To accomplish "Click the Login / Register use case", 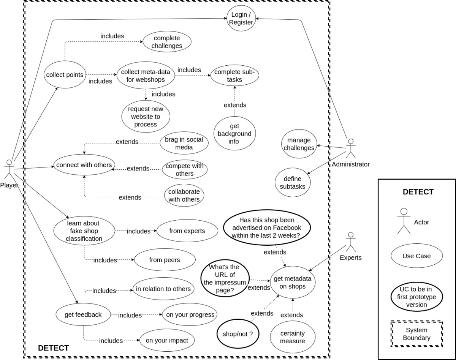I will [x=241, y=18].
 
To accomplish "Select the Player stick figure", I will [x=9, y=170].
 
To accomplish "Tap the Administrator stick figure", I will [x=351, y=148].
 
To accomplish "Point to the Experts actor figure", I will [x=350, y=242].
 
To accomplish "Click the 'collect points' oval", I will [x=65, y=75].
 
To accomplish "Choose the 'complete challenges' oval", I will [x=167, y=42].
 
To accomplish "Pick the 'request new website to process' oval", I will [x=146, y=117].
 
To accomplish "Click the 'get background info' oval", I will [x=234, y=134].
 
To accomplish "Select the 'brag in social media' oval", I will [x=184, y=143].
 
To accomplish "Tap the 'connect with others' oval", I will [x=84, y=165].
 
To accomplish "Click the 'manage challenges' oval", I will [x=299, y=144].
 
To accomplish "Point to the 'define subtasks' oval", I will [x=293, y=183].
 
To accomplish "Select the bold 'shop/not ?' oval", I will [x=237, y=334].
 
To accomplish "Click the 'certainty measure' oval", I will [x=293, y=337].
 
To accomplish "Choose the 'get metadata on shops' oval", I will [x=293, y=283].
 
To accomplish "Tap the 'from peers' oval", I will [x=165, y=260].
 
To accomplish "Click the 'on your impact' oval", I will [x=167, y=340].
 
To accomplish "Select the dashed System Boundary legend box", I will [x=416, y=334].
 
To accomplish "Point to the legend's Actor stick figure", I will [x=404, y=221].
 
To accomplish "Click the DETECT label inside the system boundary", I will [x=54, y=348].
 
